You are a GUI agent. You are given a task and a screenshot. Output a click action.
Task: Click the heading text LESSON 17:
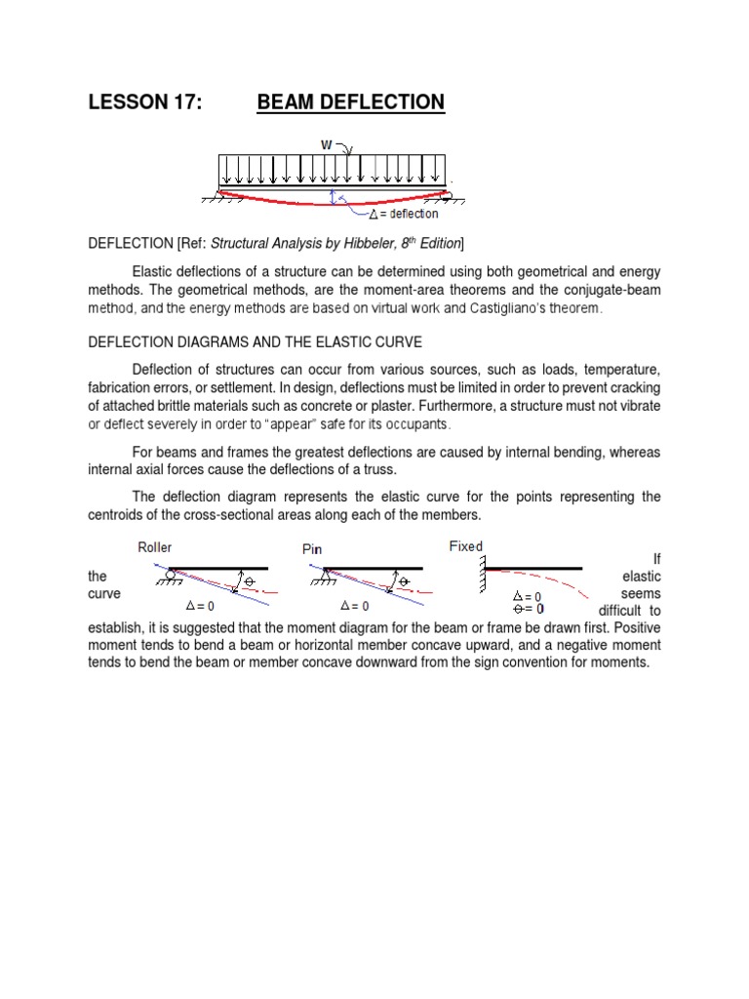145,102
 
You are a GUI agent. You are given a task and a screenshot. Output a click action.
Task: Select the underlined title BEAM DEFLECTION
351,102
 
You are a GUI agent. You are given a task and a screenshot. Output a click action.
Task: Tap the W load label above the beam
328,144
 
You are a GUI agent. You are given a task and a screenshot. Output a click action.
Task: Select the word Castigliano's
505,308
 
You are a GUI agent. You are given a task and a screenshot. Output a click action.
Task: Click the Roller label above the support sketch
155,548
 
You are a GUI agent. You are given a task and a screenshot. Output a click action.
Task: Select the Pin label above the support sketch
312,550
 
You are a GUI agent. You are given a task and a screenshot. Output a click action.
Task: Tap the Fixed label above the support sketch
465,546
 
